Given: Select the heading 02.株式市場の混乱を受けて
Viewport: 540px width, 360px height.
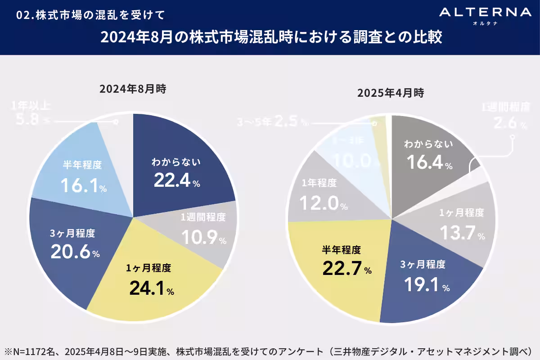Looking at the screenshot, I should (90, 15).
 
